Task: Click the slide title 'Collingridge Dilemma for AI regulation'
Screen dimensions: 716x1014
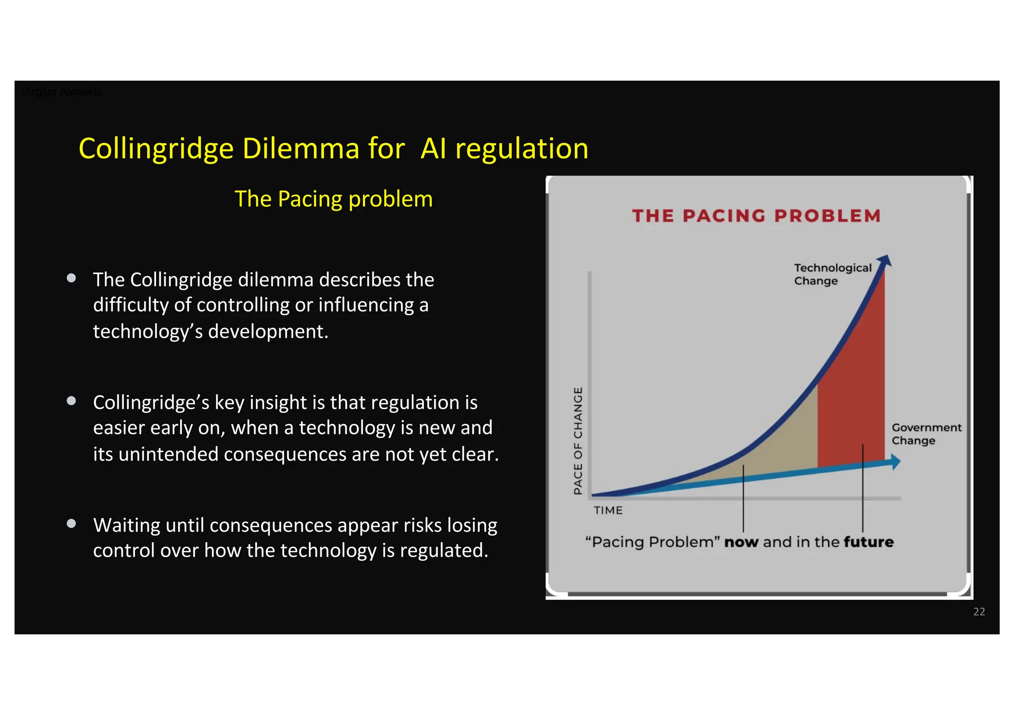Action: coord(333,148)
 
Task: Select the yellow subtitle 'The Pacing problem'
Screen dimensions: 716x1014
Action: coord(333,199)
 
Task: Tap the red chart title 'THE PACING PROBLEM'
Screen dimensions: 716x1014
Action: coord(756,216)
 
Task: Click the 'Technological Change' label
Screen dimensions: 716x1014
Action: coord(832,274)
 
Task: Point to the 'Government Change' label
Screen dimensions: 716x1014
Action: coord(925,434)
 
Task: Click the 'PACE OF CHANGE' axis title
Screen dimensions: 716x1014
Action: coord(578,440)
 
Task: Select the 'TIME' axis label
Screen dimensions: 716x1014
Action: coord(608,510)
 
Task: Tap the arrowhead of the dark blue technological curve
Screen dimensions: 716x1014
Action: coord(885,261)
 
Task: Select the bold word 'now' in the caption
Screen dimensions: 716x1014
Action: coord(741,542)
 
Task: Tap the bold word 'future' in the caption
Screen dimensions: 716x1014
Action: coord(868,542)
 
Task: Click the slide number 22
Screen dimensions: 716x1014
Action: coord(978,612)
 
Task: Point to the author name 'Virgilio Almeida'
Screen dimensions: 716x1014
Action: coord(61,92)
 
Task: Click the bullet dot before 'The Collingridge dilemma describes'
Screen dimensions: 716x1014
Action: coord(71,278)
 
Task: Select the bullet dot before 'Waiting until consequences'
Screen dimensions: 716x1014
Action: coord(71,524)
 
